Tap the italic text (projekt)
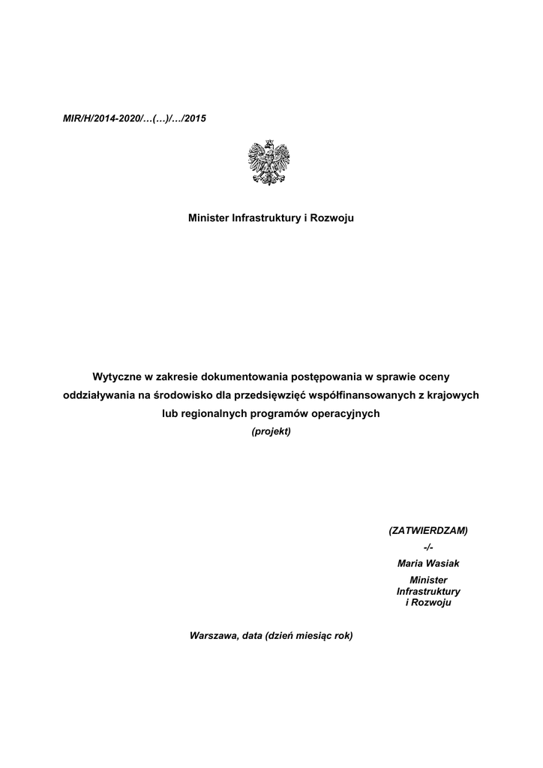point(271,432)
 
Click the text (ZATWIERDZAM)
point(427,530)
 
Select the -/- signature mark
point(428,547)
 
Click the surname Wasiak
point(442,563)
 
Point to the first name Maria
point(412,563)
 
